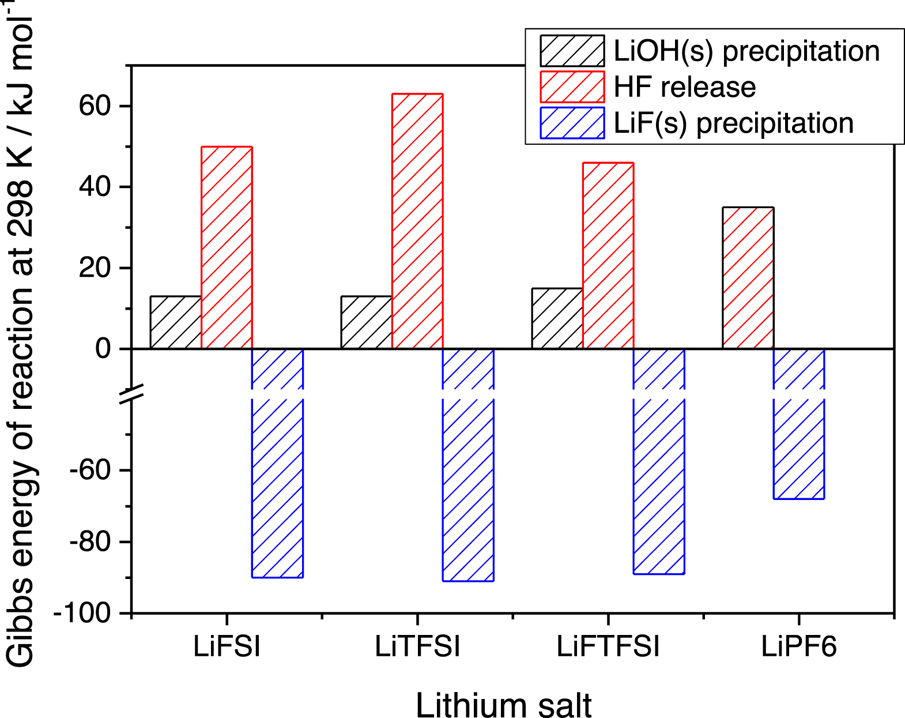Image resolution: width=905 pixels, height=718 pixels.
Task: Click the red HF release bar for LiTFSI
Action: tap(417, 221)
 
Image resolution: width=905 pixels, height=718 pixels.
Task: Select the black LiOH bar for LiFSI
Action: tap(176, 322)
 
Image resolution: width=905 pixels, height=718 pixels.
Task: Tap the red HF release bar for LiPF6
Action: tap(748, 278)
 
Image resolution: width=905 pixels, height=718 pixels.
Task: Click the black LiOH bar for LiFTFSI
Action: tap(557, 318)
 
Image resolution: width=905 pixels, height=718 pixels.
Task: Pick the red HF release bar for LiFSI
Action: tap(227, 248)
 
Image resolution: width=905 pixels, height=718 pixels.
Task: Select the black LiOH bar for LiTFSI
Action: tap(367, 322)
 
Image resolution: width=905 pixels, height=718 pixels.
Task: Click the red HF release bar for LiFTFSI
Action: tap(608, 256)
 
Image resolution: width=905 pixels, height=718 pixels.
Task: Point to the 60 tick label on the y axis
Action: tap(95, 106)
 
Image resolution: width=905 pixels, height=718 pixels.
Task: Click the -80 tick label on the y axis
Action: tap(89, 542)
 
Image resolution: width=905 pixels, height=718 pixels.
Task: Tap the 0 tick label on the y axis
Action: tap(103, 349)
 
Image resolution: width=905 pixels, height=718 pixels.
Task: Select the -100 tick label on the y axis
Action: tap(82, 614)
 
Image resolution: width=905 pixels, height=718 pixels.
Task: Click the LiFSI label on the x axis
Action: tap(227, 646)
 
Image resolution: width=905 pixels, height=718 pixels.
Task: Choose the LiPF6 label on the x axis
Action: tap(798, 646)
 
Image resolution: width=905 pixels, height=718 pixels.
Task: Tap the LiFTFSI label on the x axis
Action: tap(608, 646)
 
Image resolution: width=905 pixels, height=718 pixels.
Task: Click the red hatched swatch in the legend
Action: tap(572, 87)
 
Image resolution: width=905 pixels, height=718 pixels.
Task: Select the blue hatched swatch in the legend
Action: tap(572, 123)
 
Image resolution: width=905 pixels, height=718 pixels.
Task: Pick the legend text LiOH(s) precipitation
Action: tap(746, 51)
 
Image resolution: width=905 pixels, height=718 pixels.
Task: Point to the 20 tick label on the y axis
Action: tap(95, 268)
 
